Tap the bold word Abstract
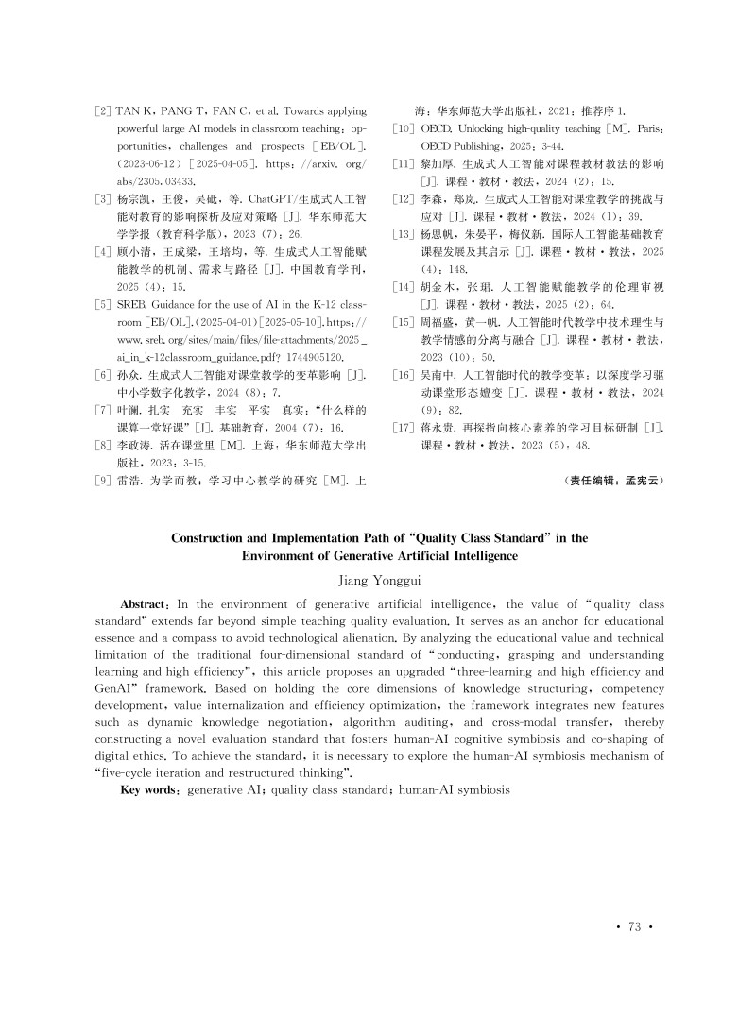[x=142, y=603]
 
